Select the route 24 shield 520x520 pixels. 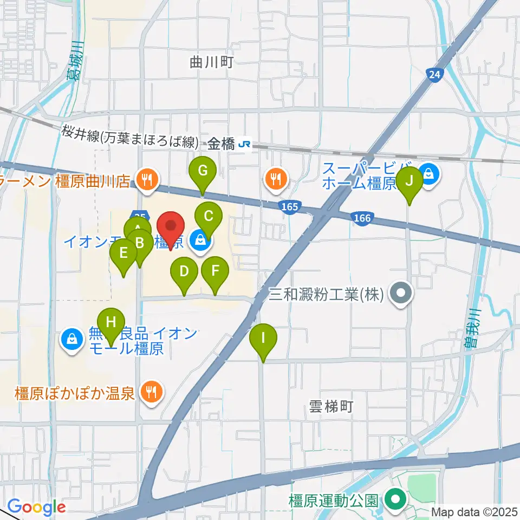(x=434, y=75)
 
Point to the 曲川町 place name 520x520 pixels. (x=211, y=62)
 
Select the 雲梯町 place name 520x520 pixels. (x=330, y=406)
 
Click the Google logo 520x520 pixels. (x=36, y=507)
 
